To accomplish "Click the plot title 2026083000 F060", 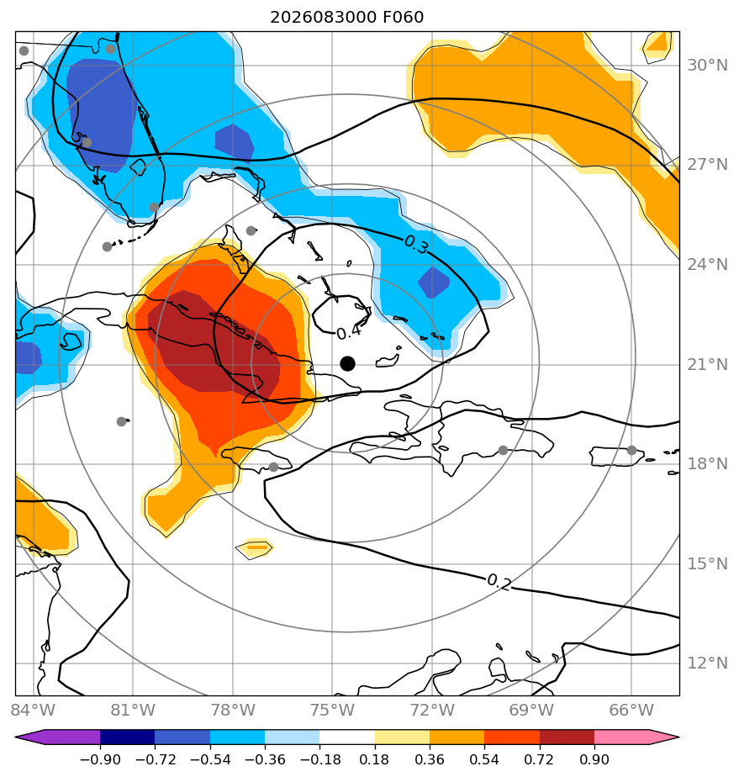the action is [346, 18].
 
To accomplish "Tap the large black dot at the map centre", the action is [348, 364].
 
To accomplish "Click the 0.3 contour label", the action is [415, 244].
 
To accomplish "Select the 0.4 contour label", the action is [349, 332].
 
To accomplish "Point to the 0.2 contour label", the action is [499, 582].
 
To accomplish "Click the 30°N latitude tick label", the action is [707, 65].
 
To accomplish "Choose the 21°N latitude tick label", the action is [707, 365].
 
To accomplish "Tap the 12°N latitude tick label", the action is [707, 663].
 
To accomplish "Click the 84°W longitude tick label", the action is [33, 710].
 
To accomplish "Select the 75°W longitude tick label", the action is [332, 710].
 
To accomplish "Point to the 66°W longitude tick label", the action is [631, 710].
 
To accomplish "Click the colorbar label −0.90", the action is [100, 759].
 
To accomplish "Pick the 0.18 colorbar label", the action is [375, 759].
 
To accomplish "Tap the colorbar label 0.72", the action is [539, 759].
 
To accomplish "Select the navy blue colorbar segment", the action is [127, 737].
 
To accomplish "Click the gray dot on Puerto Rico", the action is [631, 451].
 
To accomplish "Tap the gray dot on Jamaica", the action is [274, 467].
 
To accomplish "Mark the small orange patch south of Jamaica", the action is [255, 548].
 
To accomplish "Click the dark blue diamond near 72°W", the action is [433, 283].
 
